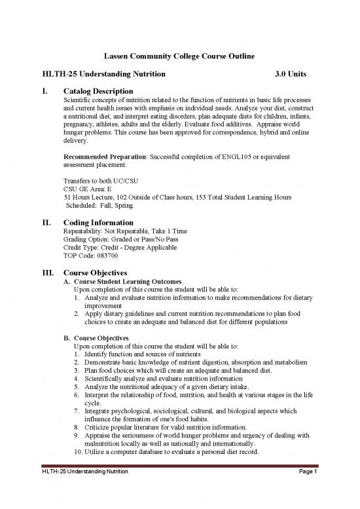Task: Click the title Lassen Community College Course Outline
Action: point(180,57)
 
